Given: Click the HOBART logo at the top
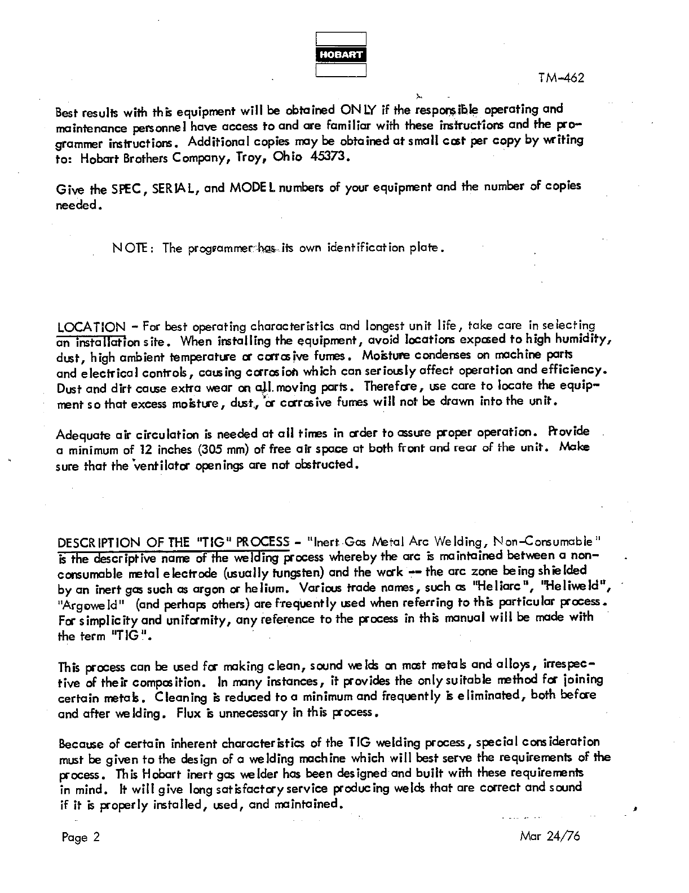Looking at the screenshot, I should click(x=341, y=55).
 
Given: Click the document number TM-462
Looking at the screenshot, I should click(x=561, y=78).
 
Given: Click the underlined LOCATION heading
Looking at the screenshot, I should click(x=92, y=326).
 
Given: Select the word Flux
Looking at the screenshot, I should click(x=187, y=713).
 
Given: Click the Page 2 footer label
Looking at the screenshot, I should click(x=81, y=837).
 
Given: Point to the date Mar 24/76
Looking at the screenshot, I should click(x=550, y=836).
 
